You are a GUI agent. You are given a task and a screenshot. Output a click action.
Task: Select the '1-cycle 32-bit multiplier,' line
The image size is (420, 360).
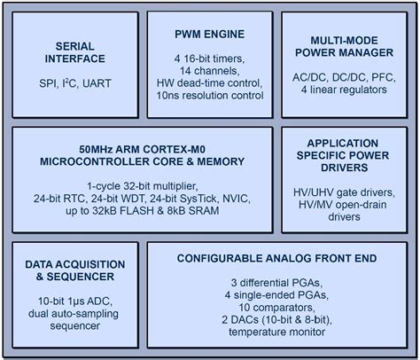142,185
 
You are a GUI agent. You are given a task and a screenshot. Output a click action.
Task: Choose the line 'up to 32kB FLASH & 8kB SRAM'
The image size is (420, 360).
142,212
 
